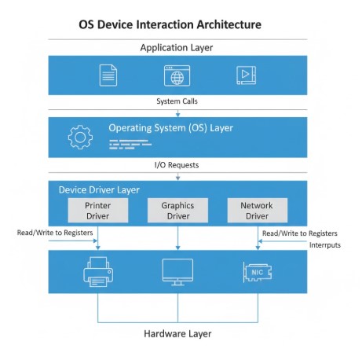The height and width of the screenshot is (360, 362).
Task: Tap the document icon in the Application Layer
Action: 108,75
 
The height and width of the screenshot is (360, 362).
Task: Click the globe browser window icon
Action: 177,75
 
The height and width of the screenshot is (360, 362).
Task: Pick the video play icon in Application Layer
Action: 246,75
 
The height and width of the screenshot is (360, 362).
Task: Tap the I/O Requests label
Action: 177,165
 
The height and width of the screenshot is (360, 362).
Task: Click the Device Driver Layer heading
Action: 98,190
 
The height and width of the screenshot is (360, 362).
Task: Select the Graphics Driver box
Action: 177,210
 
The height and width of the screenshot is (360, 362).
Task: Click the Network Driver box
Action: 258,210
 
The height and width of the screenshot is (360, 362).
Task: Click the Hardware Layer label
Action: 177,333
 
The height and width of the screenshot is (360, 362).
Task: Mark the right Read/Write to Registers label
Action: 299,233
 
